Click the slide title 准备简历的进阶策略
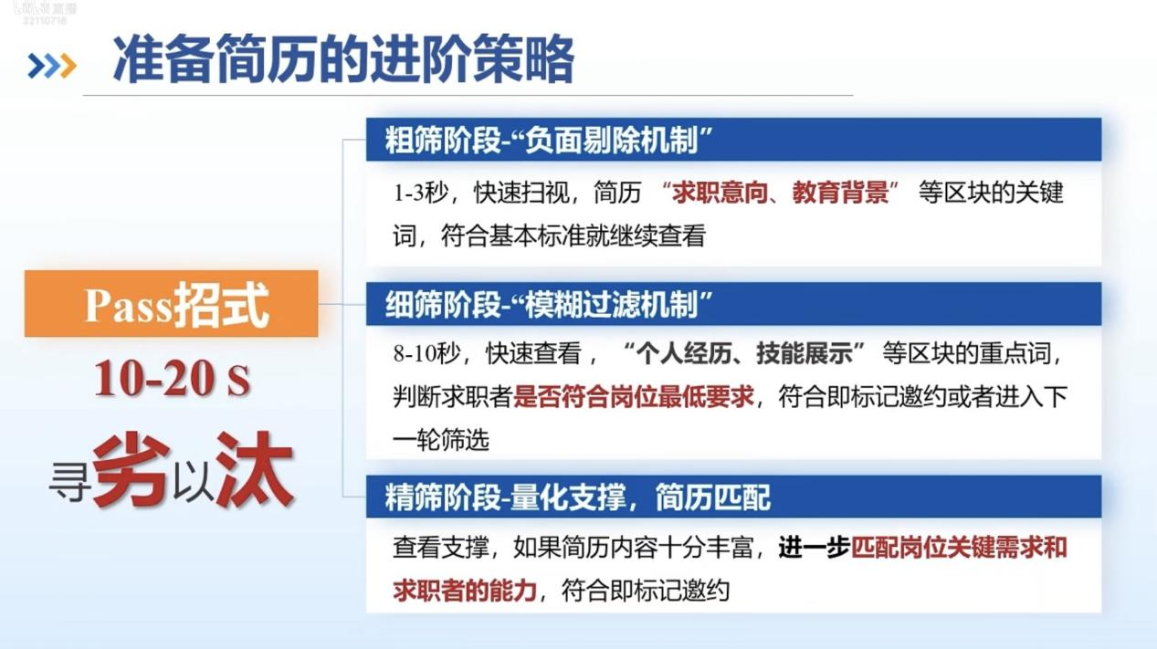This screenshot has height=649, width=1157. point(343,58)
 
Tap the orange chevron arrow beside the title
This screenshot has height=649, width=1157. point(68,66)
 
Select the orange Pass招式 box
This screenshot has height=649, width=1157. point(171,304)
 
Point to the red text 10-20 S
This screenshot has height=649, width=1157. point(173,379)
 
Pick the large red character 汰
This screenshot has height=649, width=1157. point(255,470)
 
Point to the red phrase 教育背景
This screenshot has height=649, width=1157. point(840,193)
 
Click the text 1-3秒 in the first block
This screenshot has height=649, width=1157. point(420,194)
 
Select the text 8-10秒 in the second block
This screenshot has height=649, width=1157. point(426,354)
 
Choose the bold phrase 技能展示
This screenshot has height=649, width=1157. point(805,354)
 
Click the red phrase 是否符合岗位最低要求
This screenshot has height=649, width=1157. point(634,397)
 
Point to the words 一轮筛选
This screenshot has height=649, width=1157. point(440,440)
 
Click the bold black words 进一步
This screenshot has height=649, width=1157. point(814,548)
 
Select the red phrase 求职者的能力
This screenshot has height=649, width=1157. point(464,591)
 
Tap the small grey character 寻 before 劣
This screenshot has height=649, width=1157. point(69,483)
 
